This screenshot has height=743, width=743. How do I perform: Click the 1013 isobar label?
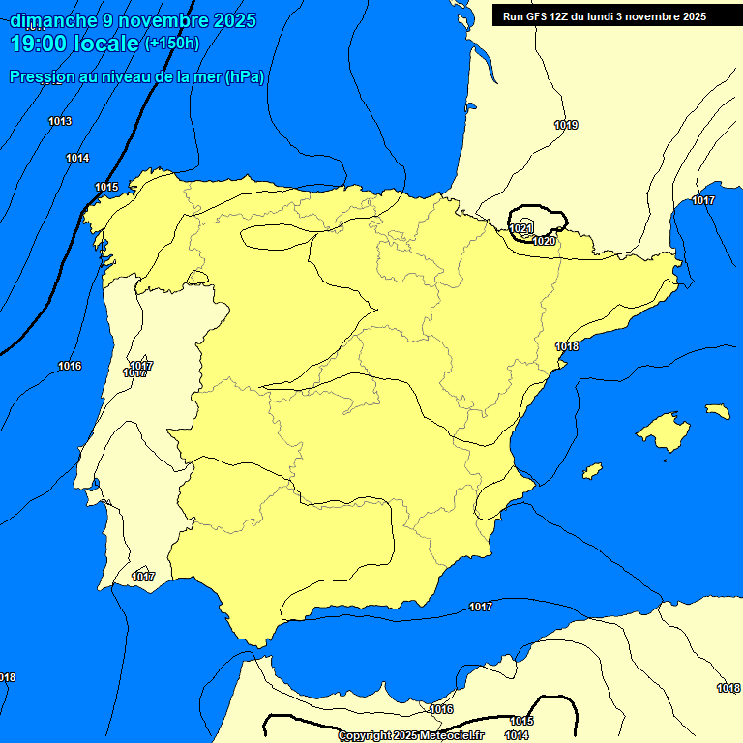coord(60,121)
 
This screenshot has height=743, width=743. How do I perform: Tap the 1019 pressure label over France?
coord(566,125)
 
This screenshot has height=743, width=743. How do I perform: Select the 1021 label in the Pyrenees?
coord(521,228)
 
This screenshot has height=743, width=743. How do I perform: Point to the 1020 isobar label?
coord(545,241)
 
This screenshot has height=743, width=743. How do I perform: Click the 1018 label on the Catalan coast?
coord(567,346)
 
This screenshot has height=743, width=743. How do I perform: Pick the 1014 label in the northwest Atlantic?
coord(77,158)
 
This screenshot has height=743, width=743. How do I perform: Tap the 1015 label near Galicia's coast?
coord(106,187)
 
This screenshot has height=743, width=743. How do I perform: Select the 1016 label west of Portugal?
coord(70,366)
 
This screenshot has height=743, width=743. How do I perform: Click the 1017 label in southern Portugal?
coord(143,577)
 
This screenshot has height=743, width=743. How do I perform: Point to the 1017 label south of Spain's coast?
coord(481,607)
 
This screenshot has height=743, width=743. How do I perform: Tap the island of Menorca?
coord(718,411)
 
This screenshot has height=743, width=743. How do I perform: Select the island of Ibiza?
coord(592,471)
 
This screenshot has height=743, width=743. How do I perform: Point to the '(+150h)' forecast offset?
coord(171,44)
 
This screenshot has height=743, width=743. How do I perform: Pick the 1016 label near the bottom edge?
coord(441,709)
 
